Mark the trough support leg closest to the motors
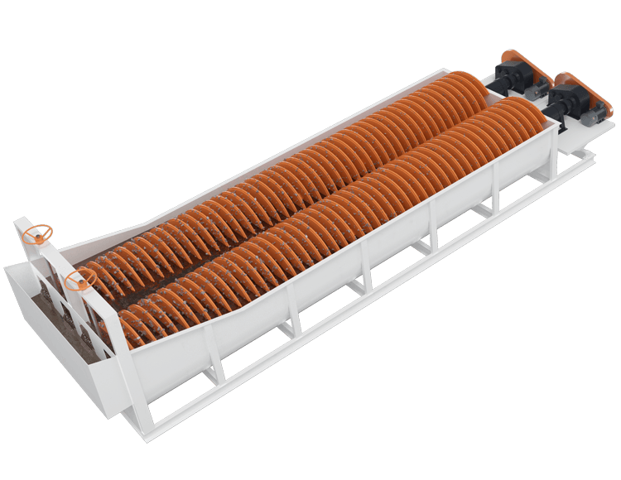click(x=494, y=195)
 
